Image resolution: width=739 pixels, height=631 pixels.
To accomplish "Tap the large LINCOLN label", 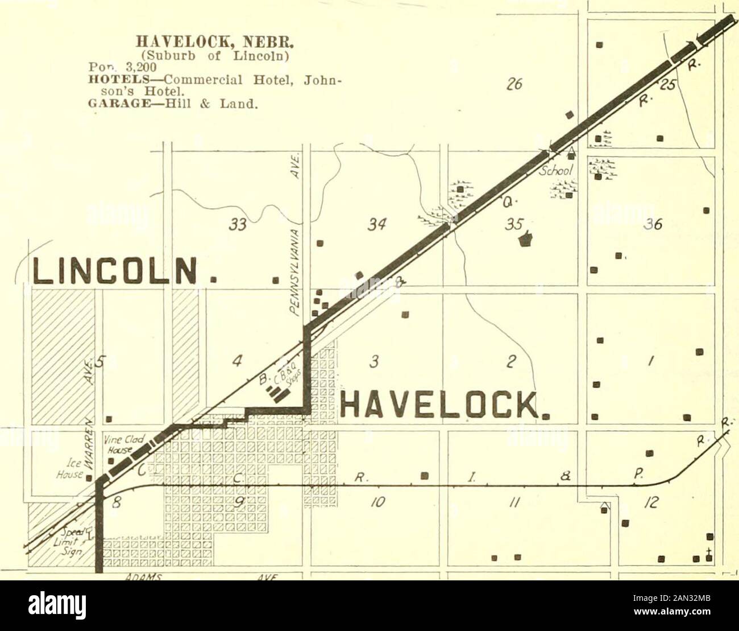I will [x=114, y=271].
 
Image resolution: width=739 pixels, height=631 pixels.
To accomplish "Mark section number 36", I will [x=646, y=226].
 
